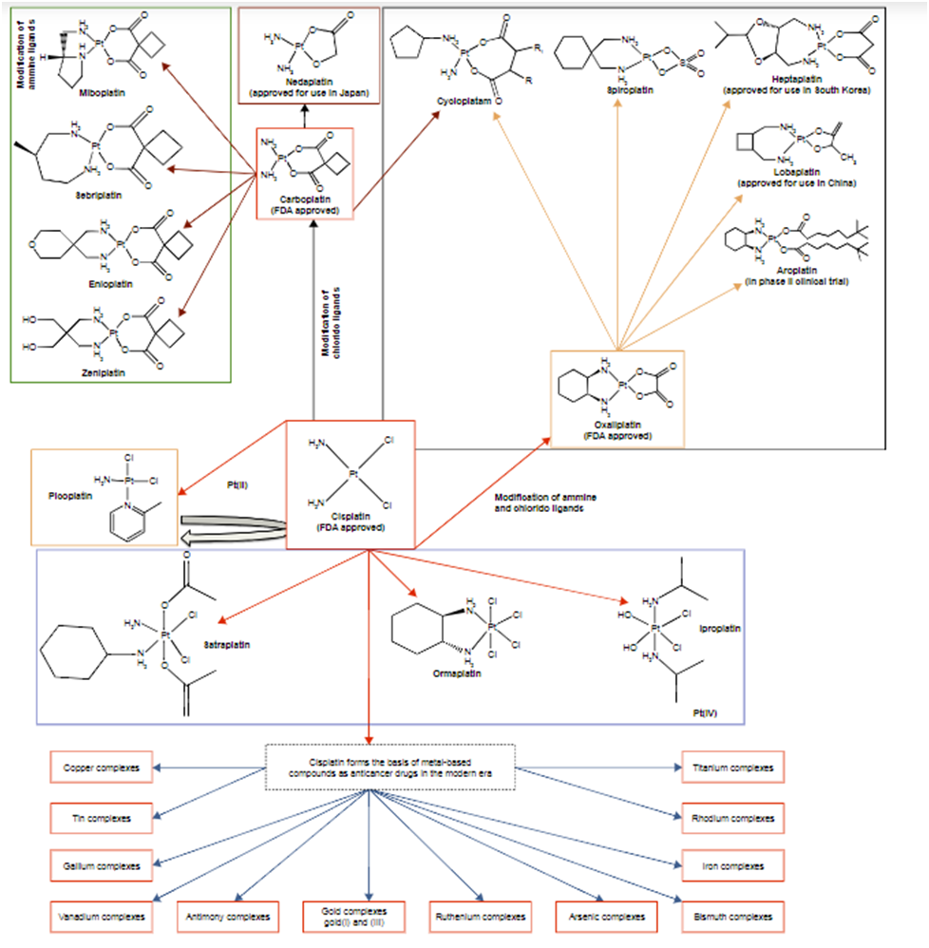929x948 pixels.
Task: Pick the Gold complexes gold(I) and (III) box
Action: [x=352, y=917]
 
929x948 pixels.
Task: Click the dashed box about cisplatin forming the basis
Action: [x=389, y=767]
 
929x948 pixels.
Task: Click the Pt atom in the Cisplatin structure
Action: [x=352, y=473]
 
